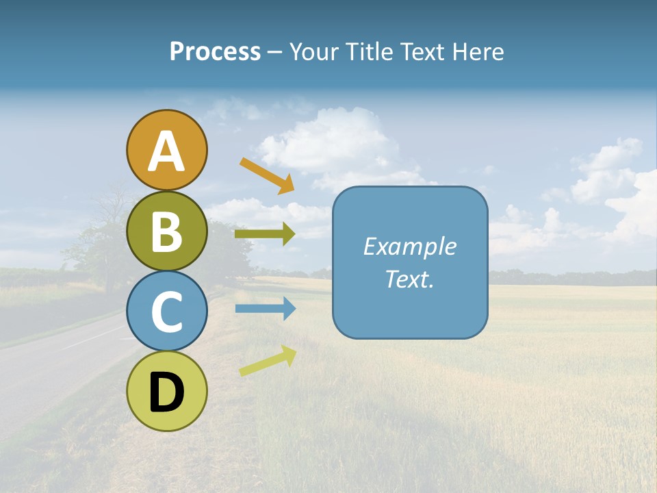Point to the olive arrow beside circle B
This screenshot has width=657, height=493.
pyautogui.click(x=264, y=234)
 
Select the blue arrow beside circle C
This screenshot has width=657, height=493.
pyautogui.click(x=265, y=309)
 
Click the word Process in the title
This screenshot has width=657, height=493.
pyautogui.click(x=215, y=51)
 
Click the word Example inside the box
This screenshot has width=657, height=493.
pyautogui.click(x=409, y=246)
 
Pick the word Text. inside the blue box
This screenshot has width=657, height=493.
pyautogui.click(x=409, y=279)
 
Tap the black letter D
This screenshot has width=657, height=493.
pyautogui.click(x=166, y=392)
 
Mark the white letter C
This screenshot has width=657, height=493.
pyautogui.click(x=166, y=312)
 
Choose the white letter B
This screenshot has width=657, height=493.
pyautogui.click(x=166, y=232)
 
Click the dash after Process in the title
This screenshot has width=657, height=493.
pyautogui.click(x=274, y=53)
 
